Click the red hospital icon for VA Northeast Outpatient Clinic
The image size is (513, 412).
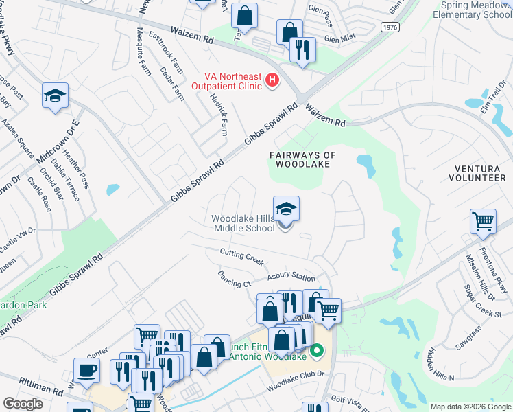pyautogui.click(x=272, y=80)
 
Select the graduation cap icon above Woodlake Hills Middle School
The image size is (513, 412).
pyautogui.click(x=286, y=209)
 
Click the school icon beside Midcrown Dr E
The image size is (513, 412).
pyautogui.click(x=55, y=95)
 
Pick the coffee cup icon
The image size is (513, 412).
pyautogui.click(x=86, y=370)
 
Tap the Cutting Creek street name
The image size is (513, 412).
pyautogui.click(x=241, y=257)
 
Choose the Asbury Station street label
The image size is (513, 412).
pyautogui.click(x=291, y=277)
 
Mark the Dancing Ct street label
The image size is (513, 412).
pyautogui.click(x=235, y=279)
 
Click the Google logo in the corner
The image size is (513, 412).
pyautogui.click(x=23, y=404)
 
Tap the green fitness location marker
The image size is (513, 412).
pyautogui.click(x=316, y=352)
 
